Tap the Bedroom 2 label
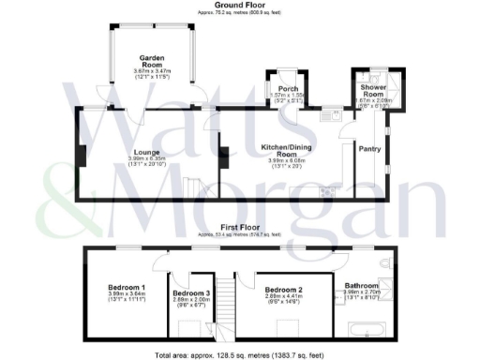[284, 290]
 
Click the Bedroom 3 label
[191, 294]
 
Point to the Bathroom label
[362, 285]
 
